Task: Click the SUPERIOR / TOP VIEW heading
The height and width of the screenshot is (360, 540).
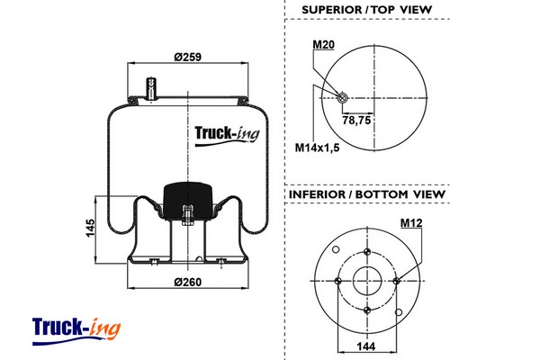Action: pyautogui.click(x=366, y=10)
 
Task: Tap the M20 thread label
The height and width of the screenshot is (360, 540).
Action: pyautogui.click(x=323, y=43)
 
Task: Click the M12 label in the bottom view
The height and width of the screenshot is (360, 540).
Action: pyautogui.click(x=412, y=222)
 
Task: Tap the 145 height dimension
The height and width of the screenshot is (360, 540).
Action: pyautogui.click(x=89, y=229)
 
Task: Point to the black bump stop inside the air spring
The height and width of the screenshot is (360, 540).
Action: pyautogui.click(x=186, y=199)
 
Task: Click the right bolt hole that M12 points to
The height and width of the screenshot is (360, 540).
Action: pyautogui.click(x=397, y=280)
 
